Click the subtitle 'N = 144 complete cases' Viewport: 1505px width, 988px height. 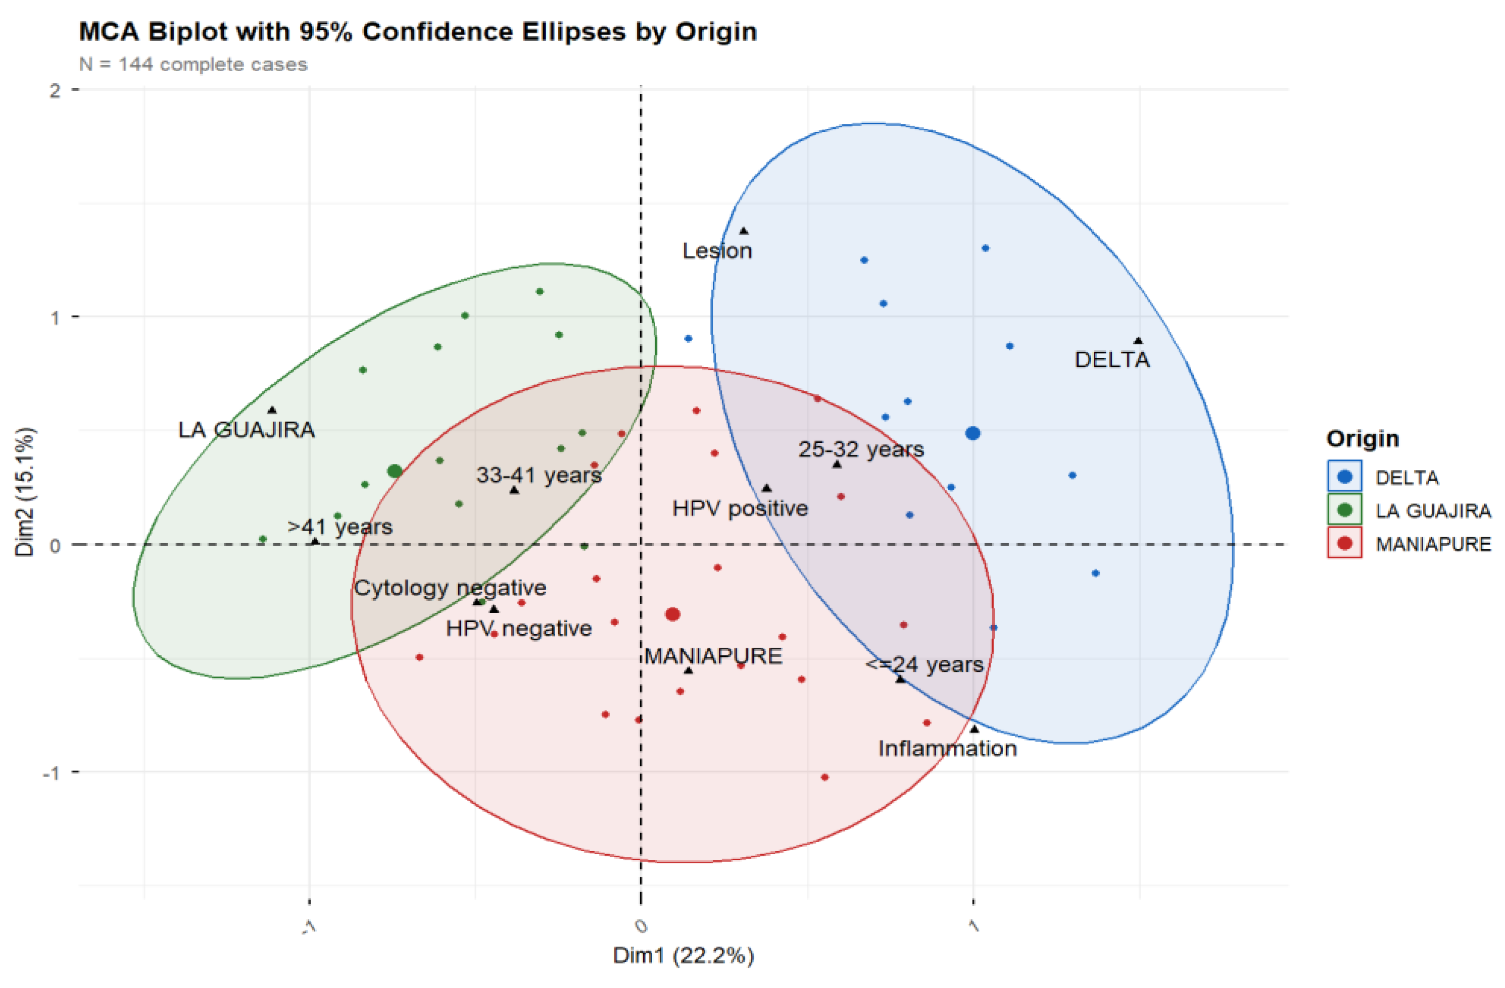193,65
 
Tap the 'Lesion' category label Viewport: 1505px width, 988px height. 717,251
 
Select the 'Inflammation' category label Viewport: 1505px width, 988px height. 947,748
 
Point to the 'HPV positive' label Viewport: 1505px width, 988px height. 740,508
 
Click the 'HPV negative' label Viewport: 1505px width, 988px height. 518,629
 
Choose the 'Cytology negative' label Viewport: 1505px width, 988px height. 450,588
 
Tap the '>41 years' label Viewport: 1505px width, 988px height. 339,527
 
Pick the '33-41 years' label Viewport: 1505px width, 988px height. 539,475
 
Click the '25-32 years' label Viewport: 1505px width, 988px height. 861,449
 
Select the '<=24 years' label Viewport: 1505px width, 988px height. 924,664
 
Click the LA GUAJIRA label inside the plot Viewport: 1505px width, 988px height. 246,430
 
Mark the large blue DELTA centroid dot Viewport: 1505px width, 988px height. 973,433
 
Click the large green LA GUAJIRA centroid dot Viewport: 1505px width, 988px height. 395,471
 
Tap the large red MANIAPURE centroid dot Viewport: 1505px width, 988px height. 673,614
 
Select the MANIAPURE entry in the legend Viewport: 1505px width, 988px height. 1433,544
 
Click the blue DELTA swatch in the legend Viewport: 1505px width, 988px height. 1344,477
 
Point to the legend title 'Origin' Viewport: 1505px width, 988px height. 1362,439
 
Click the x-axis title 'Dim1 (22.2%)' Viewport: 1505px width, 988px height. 684,956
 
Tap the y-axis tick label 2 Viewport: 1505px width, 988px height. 55,90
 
